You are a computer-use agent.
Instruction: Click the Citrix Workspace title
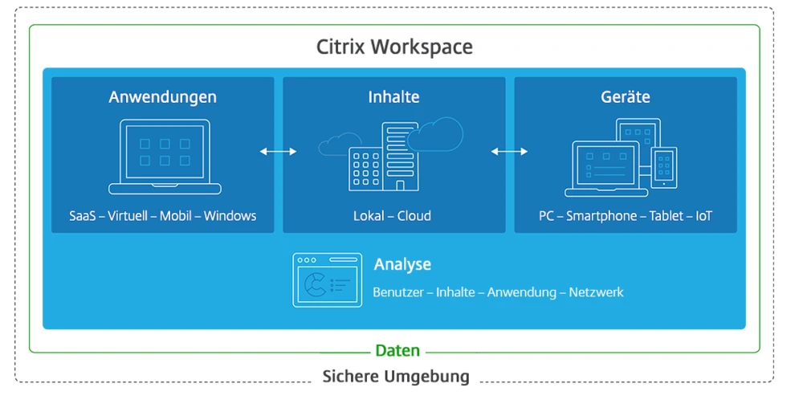(394, 47)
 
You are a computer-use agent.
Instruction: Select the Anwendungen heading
(163, 97)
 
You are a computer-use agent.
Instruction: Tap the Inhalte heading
(393, 97)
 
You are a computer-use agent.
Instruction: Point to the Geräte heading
(626, 97)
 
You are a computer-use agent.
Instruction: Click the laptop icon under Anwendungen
(165, 157)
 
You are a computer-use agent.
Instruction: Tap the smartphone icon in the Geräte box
(664, 167)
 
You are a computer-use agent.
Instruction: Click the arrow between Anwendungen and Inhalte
(279, 151)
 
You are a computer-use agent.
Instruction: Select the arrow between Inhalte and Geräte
(510, 151)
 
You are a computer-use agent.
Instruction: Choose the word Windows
(230, 216)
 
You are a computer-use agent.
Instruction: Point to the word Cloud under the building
(414, 216)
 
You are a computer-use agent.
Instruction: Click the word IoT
(703, 216)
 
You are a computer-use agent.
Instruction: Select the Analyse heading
(402, 264)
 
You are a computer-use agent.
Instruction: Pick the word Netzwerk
(596, 292)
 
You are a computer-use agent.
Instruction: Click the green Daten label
(397, 351)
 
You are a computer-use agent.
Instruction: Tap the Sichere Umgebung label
(396, 377)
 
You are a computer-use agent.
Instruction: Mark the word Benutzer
(398, 292)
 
